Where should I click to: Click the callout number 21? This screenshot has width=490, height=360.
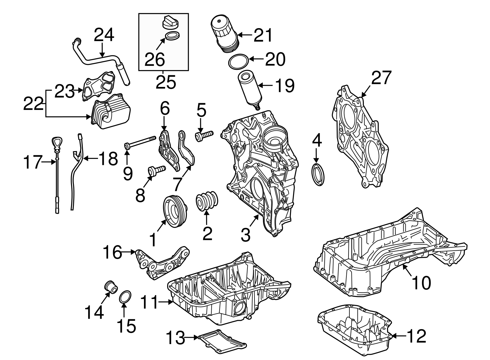263,35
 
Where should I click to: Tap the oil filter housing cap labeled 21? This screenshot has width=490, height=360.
224,34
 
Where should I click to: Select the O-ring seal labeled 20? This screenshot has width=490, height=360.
238,62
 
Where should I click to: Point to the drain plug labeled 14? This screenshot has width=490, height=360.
111,286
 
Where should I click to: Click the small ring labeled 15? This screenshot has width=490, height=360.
126,297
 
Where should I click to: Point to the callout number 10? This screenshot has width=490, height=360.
421,283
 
